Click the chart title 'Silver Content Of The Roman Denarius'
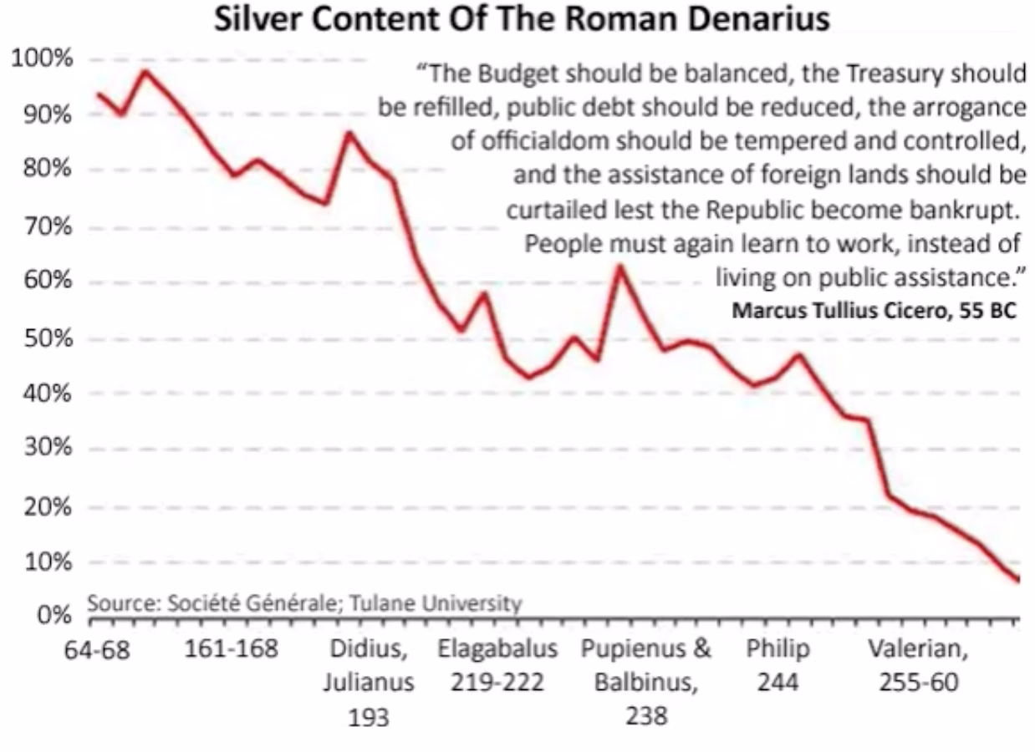coord(522,20)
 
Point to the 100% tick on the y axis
coord(40,60)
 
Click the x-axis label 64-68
coord(98,651)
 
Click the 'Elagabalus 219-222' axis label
coord(497,666)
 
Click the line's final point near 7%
coord(1017,580)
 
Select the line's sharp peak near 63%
coord(619,267)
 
